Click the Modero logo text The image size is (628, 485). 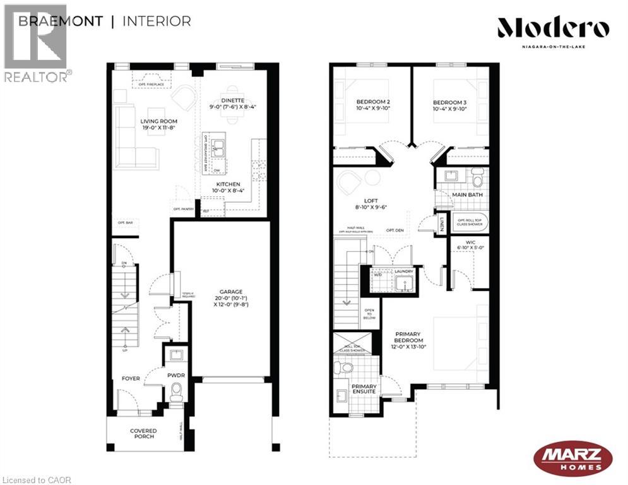[x=553, y=28]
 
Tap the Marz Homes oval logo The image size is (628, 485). [x=572, y=457]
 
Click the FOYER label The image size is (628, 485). [x=131, y=378]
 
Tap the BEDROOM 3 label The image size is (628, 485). [x=450, y=102]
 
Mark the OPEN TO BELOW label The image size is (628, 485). [x=369, y=314]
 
